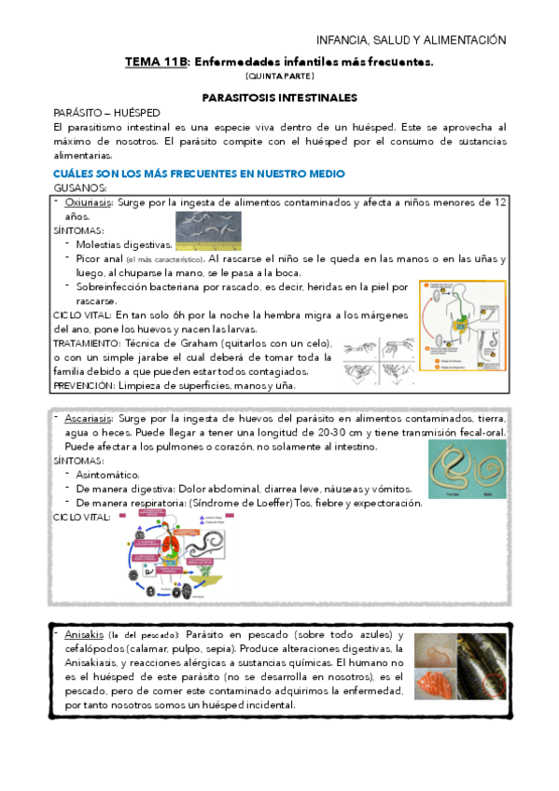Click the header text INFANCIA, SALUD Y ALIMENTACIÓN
(x=412, y=40)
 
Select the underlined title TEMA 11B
(x=157, y=62)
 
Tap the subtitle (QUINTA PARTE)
(x=279, y=76)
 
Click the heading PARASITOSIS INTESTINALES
(x=279, y=96)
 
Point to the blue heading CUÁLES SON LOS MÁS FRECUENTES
(x=199, y=173)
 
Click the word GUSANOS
(x=81, y=187)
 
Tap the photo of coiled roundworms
(x=468, y=467)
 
